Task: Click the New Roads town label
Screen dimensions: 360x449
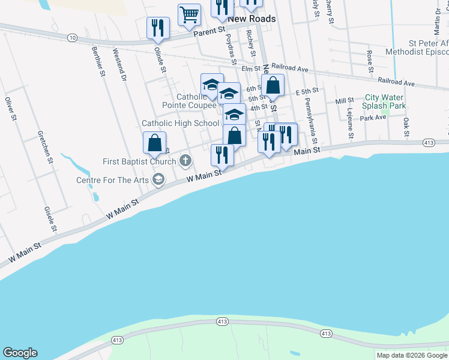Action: [x=252, y=19]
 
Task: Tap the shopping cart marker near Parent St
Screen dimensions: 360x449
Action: [x=189, y=14]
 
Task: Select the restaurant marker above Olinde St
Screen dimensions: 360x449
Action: [x=158, y=27]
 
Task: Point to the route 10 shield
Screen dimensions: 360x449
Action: [x=73, y=37]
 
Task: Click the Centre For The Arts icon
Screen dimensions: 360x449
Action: [x=158, y=179]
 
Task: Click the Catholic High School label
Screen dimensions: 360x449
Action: [x=181, y=123]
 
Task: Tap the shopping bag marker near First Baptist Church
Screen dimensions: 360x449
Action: [x=154, y=143]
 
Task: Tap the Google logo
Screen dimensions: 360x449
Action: [x=20, y=353]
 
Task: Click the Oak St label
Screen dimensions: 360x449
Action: [x=406, y=126]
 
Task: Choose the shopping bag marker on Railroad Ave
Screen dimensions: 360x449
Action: [x=273, y=85]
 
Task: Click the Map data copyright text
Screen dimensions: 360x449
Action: [x=412, y=355]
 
